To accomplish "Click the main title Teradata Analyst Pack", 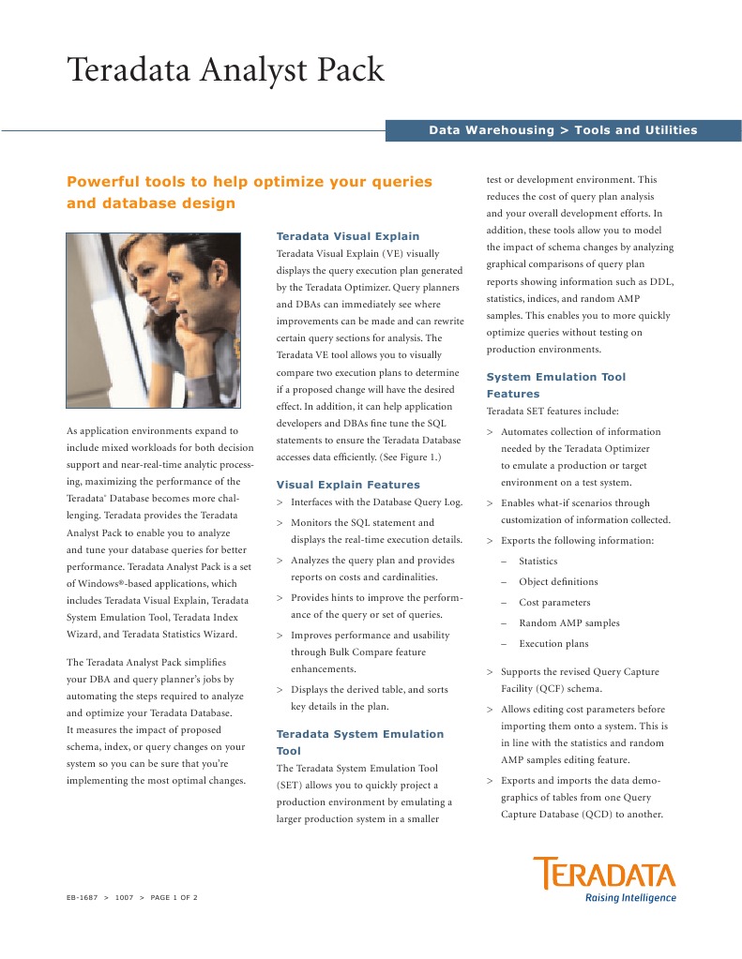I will (225, 71).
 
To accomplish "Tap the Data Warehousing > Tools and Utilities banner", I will (563, 130).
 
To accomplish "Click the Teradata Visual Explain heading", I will (347, 236).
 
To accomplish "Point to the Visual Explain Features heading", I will (348, 485).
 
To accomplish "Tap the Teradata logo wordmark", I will (604, 875).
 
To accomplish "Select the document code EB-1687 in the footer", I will (82, 898).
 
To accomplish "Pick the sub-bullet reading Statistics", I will (538, 562).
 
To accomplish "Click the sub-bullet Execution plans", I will (553, 644).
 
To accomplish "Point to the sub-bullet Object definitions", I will (557, 582).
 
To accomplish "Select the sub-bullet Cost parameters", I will (554, 603).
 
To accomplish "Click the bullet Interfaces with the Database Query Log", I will (376, 502).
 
